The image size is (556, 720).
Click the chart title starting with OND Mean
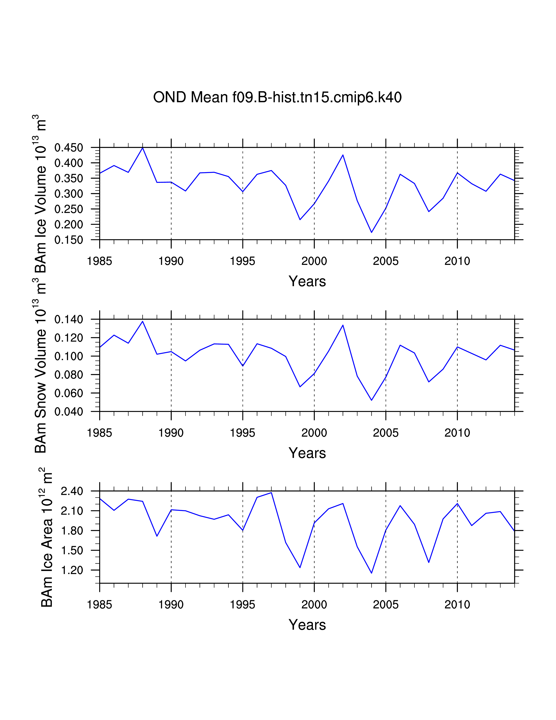coord(277,98)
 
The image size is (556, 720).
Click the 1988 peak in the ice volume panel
coord(143,148)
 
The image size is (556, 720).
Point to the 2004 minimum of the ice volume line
coord(372,232)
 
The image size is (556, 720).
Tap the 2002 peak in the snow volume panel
coord(343,325)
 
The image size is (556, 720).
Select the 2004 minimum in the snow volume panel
coord(372,400)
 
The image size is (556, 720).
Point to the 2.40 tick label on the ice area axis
coord(72,491)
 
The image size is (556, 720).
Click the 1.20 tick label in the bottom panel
coord(72,570)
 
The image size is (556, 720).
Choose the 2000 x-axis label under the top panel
coord(314,261)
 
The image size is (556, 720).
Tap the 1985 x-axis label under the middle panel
coord(99,433)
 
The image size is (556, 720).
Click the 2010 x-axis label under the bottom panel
coord(457,605)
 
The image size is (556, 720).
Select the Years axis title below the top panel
coord(307,281)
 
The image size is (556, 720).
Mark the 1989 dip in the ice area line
coord(157,536)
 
